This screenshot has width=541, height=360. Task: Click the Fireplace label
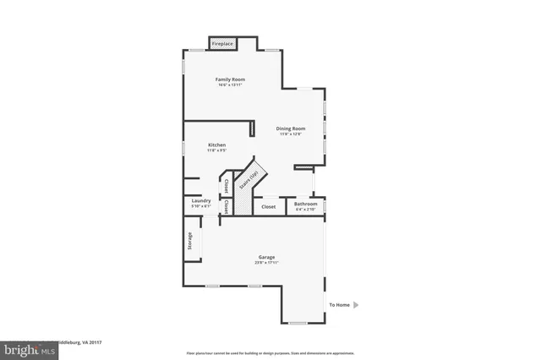pyautogui.click(x=222, y=43)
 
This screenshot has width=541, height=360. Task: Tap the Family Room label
pyautogui.click(x=230, y=79)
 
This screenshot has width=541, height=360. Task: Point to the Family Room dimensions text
pyautogui.click(x=230, y=85)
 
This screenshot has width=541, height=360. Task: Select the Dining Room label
pyautogui.click(x=290, y=128)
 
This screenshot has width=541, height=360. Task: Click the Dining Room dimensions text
pyautogui.click(x=290, y=134)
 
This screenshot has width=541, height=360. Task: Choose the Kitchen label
pyautogui.click(x=217, y=145)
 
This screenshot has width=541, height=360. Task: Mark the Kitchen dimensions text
pyautogui.click(x=217, y=150)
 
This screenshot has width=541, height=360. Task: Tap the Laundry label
pyautogui.click(x=201, y=201)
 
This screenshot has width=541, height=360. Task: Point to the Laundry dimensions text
pyautogui.click(x=201, y=206)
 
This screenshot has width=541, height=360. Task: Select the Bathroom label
pyautogui.click(x=306, y=203)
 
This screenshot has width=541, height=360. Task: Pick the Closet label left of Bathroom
pyautogui.click(x=268, y=206)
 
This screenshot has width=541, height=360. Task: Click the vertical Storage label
pyautogui.click(x=190, y=241)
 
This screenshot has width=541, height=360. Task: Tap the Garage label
pyautogui.click(x=266, y=257)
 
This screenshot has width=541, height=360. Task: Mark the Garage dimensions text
pyautogui.click(x=266, y=262)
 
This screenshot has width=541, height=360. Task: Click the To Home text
pyautogui.click(x=339, y=304)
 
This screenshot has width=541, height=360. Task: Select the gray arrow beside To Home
pyautogui.click(x=356, y=304)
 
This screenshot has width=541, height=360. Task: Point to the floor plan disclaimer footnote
pyautogui.click(x=270, y=353)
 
